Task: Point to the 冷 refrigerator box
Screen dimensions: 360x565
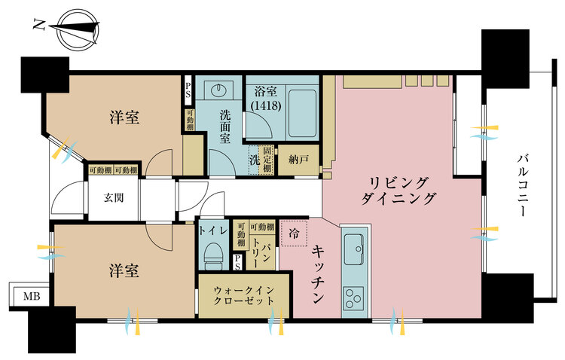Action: tap(294, 233)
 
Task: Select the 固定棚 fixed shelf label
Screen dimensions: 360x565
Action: tap(267, 159)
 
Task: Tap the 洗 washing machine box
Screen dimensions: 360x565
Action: tap(254, 159)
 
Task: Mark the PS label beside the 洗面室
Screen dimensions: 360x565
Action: tap(188, 93)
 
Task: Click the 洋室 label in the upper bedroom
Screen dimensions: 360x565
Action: tap(126, 118)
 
